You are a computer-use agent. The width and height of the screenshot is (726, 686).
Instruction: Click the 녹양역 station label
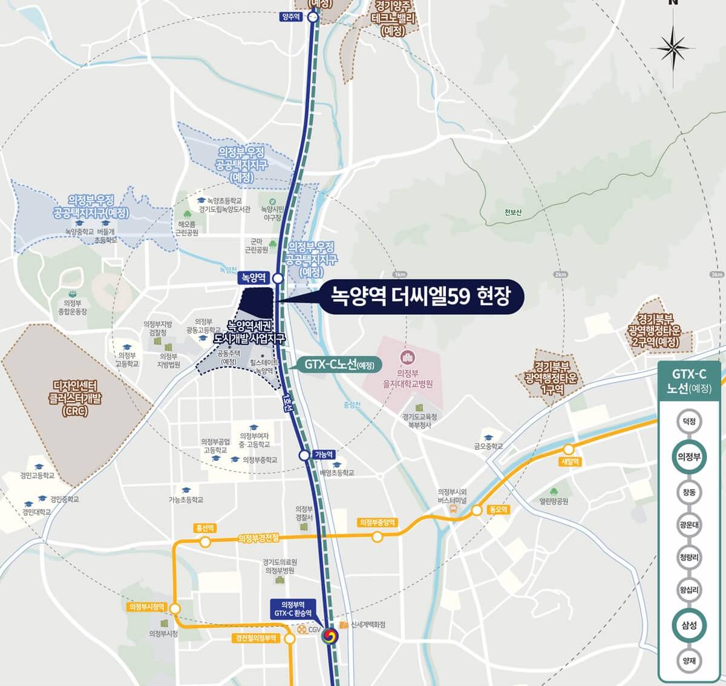coord(253,278)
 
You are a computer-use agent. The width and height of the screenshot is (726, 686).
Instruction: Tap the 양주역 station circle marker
coord(313,17)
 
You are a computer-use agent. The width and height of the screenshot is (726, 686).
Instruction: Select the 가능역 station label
coord(324,455)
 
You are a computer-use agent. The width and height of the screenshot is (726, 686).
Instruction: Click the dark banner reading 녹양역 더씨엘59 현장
coord(420,296)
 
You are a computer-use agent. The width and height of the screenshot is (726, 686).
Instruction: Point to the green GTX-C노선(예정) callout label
coord(339,365)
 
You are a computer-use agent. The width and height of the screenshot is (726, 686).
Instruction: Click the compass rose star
coord(673,47)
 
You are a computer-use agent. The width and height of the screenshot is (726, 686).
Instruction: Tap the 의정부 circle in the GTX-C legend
coord(689,457)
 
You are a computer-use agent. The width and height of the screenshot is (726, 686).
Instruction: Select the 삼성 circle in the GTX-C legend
coord(689,625)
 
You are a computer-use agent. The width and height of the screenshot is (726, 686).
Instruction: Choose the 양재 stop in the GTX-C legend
coord(689,661)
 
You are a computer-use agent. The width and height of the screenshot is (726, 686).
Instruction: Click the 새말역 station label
coord(570,462)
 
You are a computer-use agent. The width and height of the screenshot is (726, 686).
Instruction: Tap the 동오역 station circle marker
coord(477,510)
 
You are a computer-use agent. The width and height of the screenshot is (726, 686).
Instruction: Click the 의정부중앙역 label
coord(377,523)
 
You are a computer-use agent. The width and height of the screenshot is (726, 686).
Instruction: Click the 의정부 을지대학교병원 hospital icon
coord(407,357)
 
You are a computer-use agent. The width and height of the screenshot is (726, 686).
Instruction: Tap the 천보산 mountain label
coord(512,213)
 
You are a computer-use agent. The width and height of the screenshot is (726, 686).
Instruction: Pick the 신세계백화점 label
coord(368,625)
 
